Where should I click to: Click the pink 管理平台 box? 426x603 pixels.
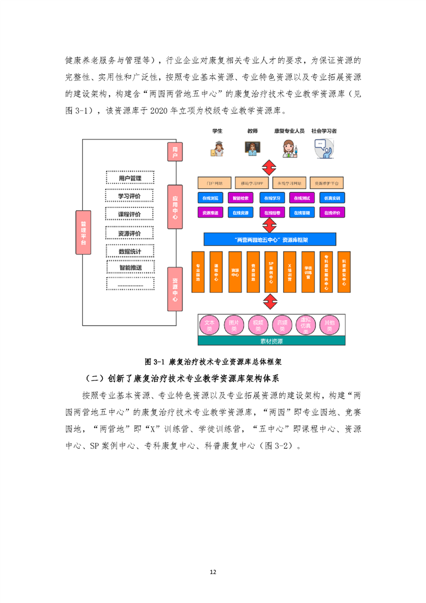[83, 233]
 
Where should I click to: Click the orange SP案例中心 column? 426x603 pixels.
[271, 272]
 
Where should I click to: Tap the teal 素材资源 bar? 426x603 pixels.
[271, 341]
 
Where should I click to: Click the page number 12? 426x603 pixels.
[213, 572]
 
